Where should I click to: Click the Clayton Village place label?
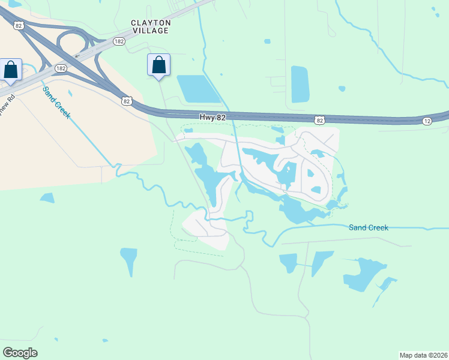pos(151,26)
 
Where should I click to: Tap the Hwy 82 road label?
pos(212,118)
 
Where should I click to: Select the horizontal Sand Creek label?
pos(369,227)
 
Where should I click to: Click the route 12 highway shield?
pos(427,122)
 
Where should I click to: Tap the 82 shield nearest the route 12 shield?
pos(320,121)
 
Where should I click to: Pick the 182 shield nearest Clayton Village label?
pos(118,40)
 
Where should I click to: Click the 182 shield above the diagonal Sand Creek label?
pos(61,68)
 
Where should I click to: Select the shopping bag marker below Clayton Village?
pos(158,65)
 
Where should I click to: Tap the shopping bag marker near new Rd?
pos(11,70)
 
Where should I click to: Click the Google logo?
pos(20,353)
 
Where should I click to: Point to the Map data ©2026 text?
pos(423,355)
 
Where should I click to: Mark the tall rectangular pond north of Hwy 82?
pos(300,84)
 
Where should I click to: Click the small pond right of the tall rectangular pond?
pos(342,89)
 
